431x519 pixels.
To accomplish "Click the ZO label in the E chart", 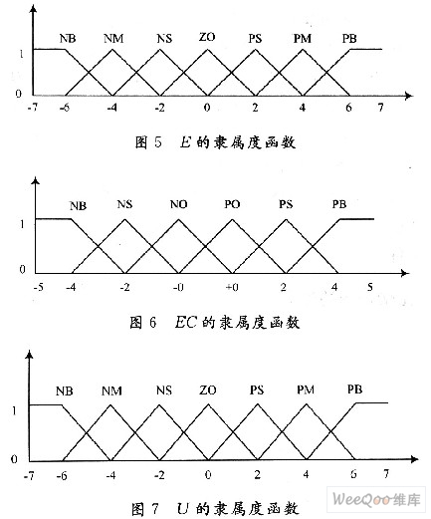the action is pyautogui.click(x=207, y=37).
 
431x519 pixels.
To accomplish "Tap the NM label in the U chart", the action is pyautogui.click(x=111, y=390).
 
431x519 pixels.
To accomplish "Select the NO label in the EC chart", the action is pyautogui.click(x=178, y=204).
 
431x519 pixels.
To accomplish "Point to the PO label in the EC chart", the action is pyautogui.click(x=232, y=204).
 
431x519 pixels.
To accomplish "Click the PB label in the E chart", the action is pyautogui.click(x=349, y=39).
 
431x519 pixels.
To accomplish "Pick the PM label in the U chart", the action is pyautogui.click(x=306, y=389).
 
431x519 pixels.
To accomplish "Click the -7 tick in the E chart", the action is pyautogui.click(x=33, y=108).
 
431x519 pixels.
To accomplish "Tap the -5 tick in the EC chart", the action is pyautogui.click(x=39, y=287).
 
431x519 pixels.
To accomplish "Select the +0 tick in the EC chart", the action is pyautogui.click(x=232, y=287).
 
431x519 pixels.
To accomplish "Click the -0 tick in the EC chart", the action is pyautogui.click(x=178, y=287).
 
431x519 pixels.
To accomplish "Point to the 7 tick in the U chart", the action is pyautogui.click(x=386, y=473).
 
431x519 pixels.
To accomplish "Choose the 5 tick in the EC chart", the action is pyautogui.click(x=370, y=287).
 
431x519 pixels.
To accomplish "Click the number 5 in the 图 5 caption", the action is pyautogui.click(x=157, y=142).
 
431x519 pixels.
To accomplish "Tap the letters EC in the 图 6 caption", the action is pyautogui.click(x=185, y=322).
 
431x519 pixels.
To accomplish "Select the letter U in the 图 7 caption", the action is pyautogui.click(x=183, y=508).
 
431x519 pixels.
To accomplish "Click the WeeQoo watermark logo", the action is pyautogui.click(x=376, y=499).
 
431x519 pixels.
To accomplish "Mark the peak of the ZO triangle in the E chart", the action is pyautogui.click(x=207, y=50).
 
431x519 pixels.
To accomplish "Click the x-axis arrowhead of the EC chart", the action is pyautogui.click(x=405, y=273).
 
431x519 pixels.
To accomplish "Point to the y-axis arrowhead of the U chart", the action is pyautogui.click(x=30, y=355).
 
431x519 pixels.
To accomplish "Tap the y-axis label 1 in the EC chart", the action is pyautogui.click(x=22, y=224).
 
